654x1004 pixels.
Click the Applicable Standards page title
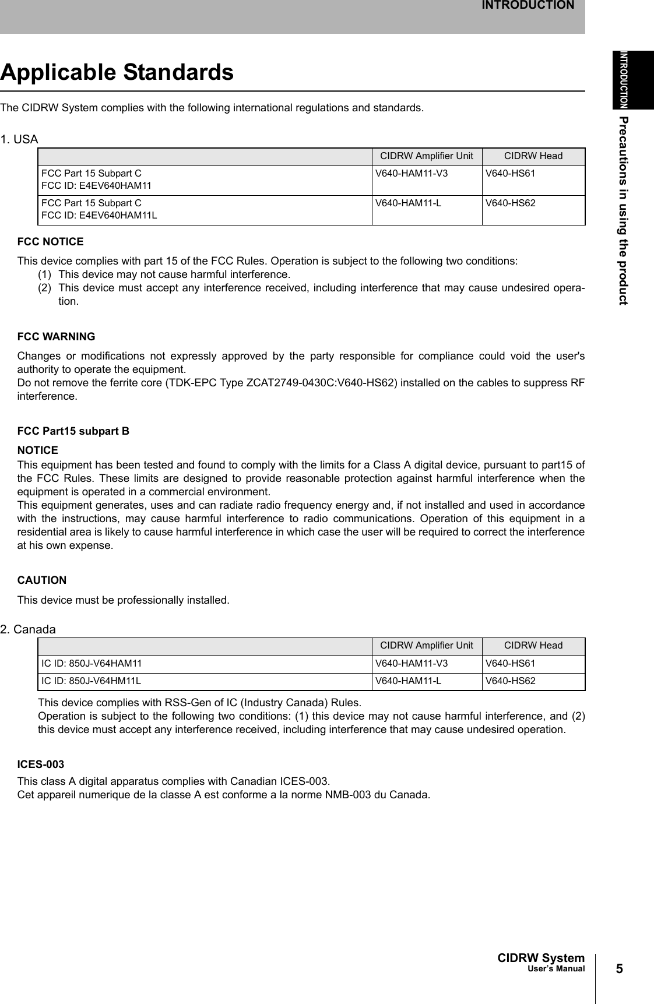point(117,73)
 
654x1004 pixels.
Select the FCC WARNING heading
point(57,337)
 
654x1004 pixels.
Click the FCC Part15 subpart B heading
point(73,431)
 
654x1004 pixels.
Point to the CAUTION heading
point(42,580)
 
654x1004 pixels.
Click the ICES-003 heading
point(41,764)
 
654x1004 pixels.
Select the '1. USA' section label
point(19,140)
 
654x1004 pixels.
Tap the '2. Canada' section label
point(28,630)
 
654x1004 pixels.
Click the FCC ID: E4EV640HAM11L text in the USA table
point(99,215)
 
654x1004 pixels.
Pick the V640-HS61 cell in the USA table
point(511,174)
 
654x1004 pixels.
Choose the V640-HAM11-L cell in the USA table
point(408,203)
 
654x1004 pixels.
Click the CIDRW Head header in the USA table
point(533,156)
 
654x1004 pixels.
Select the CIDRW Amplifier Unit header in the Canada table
point(427,646)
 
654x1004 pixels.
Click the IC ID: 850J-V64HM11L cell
point(90,681)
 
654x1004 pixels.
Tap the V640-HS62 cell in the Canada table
point(511,681)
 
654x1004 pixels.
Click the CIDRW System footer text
point(540,959)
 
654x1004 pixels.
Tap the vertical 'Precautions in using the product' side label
point(624,210)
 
